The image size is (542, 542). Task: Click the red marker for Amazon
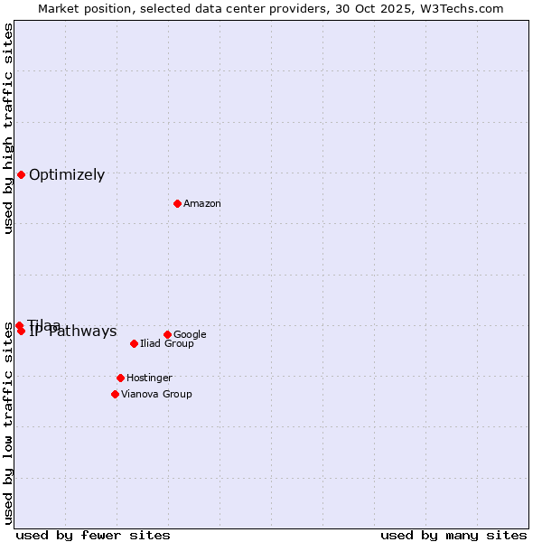tap(177, 203)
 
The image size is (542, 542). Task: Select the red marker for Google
tap(167, 334)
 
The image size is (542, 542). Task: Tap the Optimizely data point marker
tap(21, 174)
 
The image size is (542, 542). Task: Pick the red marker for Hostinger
tap(120, 378)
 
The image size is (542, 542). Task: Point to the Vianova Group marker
tap(115, 394)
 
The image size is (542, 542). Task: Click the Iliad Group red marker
tap(134, 343)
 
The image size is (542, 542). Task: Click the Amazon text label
tap(202, 203)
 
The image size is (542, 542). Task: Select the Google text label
tap(190, 334)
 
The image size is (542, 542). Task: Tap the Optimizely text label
tap(67, 175)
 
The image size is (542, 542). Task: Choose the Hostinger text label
tap(149, 378)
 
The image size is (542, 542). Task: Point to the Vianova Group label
tap(156, 394)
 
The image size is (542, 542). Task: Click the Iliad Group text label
tap(167, 343)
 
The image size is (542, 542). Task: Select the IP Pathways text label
tap(73, 332)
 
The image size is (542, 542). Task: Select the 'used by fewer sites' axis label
tap(93, 535)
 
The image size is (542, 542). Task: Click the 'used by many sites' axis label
tap(453, 535)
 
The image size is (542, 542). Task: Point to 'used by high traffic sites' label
tap(9, 128)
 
